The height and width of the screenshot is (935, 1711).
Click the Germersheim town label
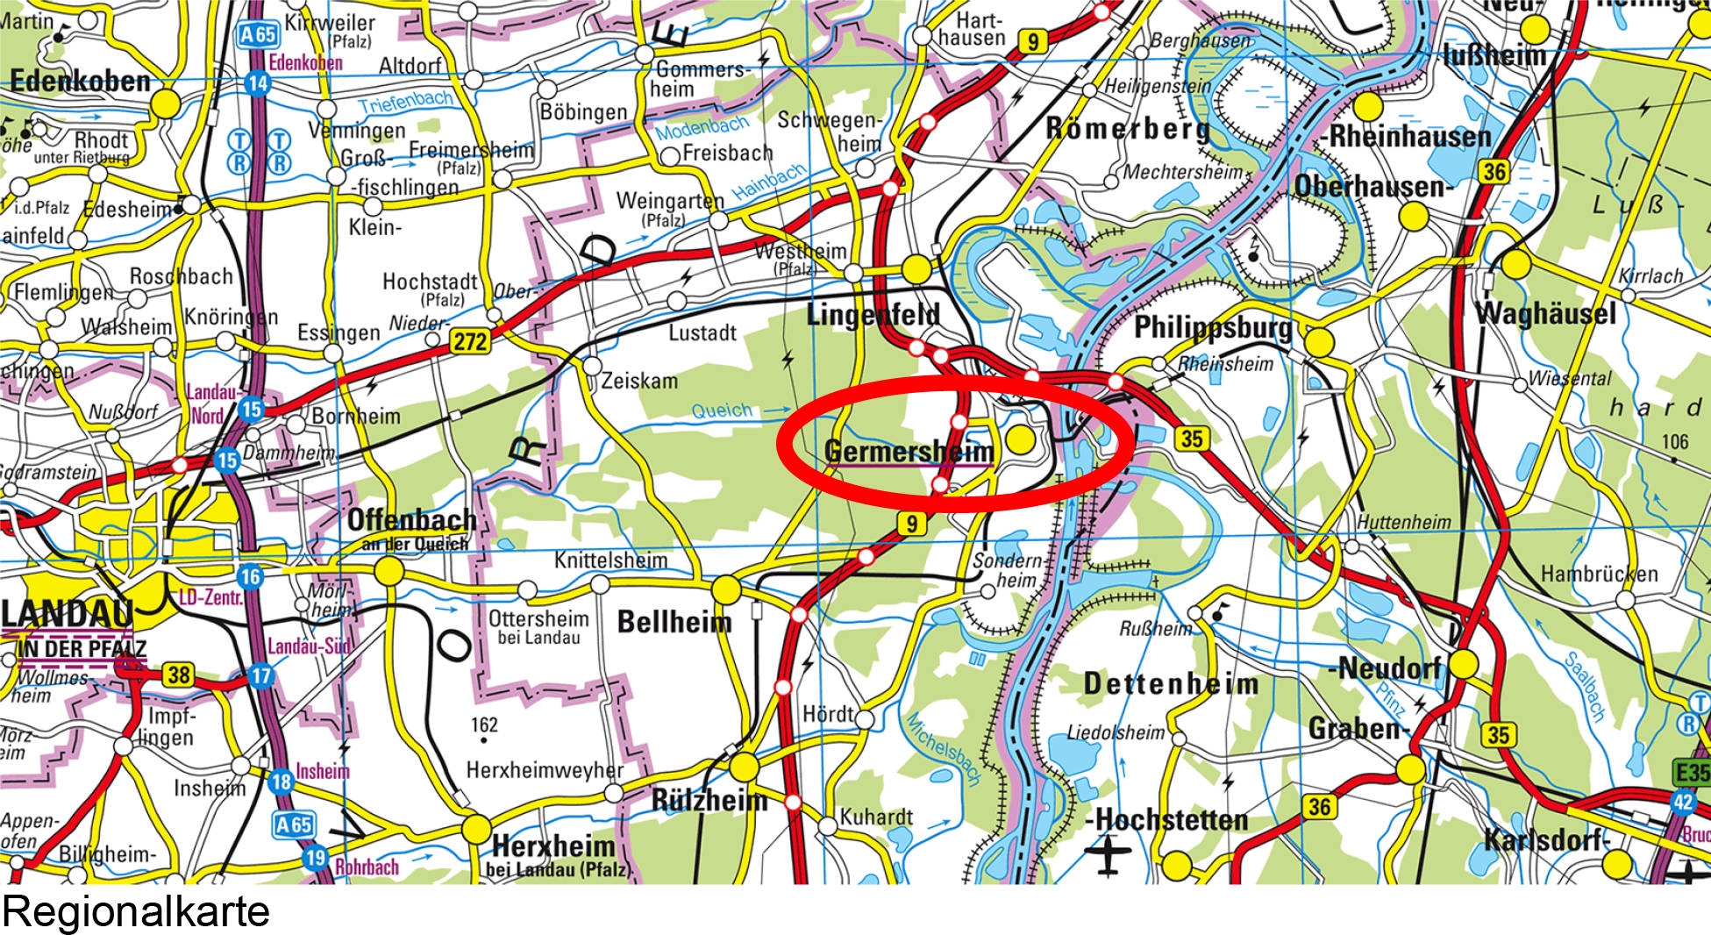tap(909, 451)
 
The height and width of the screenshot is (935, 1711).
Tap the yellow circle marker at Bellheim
tap(726, 589)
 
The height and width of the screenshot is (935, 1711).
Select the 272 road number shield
tap(470, 340)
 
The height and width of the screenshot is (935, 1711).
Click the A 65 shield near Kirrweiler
tap(258, 35)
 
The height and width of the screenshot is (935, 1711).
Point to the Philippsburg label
tap(1213, 328)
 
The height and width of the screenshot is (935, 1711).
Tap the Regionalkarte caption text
tap(136, 911)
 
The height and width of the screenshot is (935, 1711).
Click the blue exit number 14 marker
tap(257, 83)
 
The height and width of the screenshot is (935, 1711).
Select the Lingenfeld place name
tap(873, 315)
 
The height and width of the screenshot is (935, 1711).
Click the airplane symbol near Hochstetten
tap(1109, 855)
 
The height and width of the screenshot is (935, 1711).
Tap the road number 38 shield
tap(179, 674)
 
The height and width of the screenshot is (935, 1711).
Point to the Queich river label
tap(722, 410)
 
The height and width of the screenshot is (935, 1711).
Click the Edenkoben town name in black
tap(81, 82)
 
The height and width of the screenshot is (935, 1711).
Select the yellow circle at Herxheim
tap(477, 829)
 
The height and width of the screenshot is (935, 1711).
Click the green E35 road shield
tap(1692, 772)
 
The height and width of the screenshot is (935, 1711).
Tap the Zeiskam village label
tap(639, 381)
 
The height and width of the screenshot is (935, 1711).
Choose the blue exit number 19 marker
tap(315, 857)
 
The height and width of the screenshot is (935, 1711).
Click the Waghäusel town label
tap(1545, 313)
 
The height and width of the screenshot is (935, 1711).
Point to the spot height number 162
tap(484, 724)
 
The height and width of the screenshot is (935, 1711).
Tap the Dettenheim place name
tap(1171, 683)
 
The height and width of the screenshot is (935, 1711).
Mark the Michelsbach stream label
tap(944, 748)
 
